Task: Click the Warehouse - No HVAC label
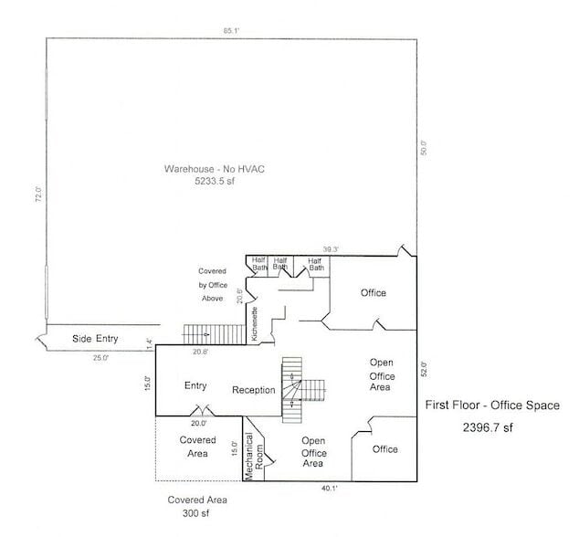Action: pyautogui.click(x=214, y=170)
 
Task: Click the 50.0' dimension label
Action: pyautogui.click(x=424, y=147)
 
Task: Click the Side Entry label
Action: pyautogui.click(x=95, y=339)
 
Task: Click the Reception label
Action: pyautogui.click(x=254, y=390)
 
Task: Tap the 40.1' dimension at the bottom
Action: pyautogui.click(x=329, y=489)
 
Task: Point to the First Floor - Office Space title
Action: pyautogui.click(x=492, y=405)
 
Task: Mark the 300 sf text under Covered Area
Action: pyautogui.click(x=197, y=514)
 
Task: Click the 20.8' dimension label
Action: pyautogui.click(x=200, y=352)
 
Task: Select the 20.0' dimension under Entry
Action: pyautogui.click(x=198, y=423)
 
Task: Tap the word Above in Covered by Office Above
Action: pyautogui.click(x=213, y=299)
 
